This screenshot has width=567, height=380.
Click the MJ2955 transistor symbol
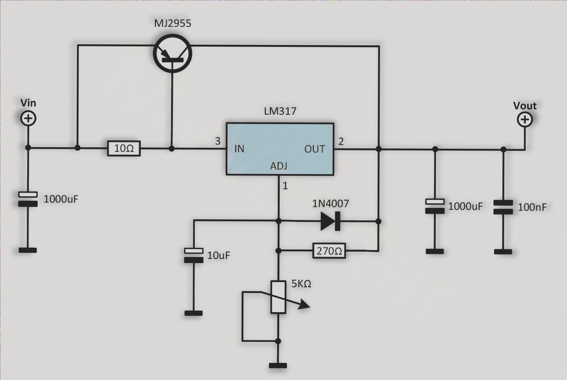click(173, 54)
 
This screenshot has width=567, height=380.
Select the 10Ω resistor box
click(124, 148)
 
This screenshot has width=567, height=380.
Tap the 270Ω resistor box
click(329, 251)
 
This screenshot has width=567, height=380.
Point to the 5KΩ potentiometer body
click(278, 297)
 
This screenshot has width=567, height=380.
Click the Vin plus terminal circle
click(28, 119)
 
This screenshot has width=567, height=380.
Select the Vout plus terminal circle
click(525, 120)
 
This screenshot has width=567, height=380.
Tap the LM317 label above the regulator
click(280, 111)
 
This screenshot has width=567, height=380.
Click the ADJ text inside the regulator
click(279, 166)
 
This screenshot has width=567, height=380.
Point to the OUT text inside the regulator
click(315, 149)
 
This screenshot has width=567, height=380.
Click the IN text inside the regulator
click(239, 149)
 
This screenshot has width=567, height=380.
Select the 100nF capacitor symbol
click(503, 207)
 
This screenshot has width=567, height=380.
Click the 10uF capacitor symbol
click(194, 255)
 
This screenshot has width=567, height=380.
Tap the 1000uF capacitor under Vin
click(28, 199)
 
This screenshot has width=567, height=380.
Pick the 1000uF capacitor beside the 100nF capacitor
click(435, 206)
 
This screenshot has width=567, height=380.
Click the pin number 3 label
click(218, 141)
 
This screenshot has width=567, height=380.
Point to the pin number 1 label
click(285, 186)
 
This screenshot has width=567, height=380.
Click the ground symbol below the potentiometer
click(278, 365)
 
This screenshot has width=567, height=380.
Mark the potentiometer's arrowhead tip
click(309, 307)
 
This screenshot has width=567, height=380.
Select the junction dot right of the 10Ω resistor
click(171, 148)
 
